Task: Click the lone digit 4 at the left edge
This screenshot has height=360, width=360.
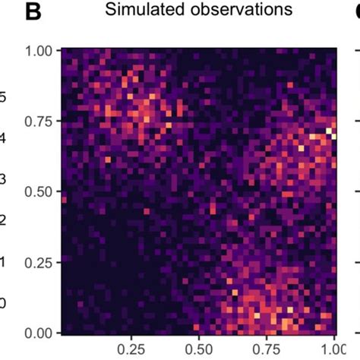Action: coord(3,139)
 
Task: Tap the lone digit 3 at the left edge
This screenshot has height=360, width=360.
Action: coord(3,180)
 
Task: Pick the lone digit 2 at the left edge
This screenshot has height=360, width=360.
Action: coord(3,221)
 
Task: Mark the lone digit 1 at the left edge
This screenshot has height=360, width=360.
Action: coord(3,262)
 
